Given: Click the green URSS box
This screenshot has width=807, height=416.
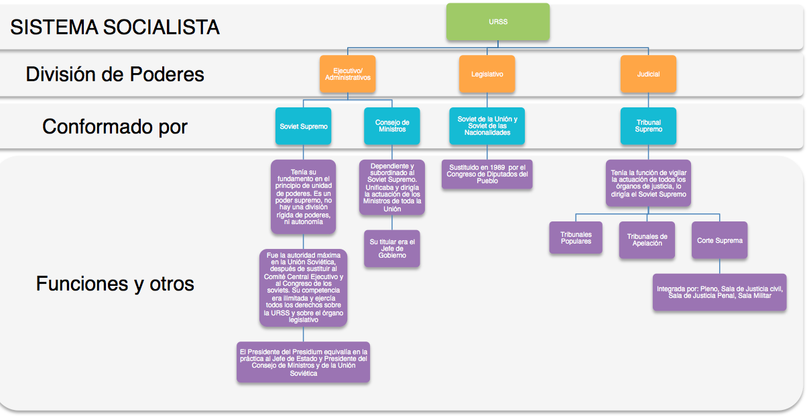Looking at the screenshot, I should (498, 21).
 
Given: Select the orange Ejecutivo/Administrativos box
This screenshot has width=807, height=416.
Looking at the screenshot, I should (347, 74).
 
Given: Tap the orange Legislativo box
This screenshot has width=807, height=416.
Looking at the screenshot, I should (487, 74).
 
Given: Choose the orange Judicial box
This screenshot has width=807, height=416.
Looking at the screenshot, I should (648, 74).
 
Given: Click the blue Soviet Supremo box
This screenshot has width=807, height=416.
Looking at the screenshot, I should (303, 126).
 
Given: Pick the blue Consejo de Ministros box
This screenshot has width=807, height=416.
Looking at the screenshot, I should (392, 126).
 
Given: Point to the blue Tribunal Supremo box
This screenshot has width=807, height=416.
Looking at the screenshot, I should (648, 126).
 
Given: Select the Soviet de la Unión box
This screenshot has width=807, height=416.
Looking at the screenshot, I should (487, 126).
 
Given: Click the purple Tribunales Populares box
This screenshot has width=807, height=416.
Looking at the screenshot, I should (576, 238).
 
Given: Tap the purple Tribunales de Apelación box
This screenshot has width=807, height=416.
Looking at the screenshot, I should (647, 240).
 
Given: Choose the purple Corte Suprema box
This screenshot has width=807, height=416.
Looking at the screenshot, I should (719, 240).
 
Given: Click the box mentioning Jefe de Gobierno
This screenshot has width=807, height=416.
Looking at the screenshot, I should (392, 248).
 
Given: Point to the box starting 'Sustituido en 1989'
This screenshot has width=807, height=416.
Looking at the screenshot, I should (487, 174).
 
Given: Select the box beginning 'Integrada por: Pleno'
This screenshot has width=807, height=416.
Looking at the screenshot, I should (719, 292).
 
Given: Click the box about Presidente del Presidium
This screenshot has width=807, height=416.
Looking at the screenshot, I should (303, 362).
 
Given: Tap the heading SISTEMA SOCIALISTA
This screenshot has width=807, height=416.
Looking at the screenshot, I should (115, 27).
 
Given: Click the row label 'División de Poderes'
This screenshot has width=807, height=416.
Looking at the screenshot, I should (115, 74).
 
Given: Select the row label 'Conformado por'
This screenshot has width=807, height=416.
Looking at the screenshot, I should (115, 126).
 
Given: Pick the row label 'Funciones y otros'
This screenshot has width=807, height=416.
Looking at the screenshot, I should (115, 283).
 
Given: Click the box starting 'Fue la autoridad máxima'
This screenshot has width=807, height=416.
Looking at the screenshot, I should (303, 287).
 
